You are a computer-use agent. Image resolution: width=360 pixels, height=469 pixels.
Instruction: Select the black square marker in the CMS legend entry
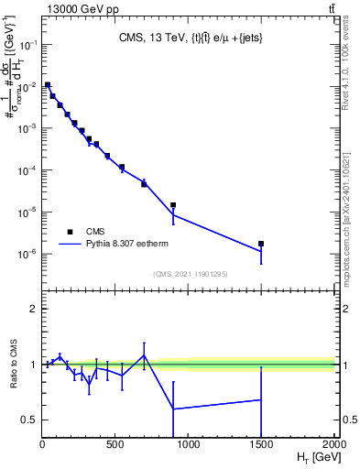(x=70, y=232)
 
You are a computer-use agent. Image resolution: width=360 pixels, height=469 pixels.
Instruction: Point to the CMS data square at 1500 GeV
(x=261, y=244)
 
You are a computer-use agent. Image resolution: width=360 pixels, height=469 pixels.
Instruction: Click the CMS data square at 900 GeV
(x=173, y=205)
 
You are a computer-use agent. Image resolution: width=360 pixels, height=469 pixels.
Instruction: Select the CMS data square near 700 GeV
(x=144, y=183)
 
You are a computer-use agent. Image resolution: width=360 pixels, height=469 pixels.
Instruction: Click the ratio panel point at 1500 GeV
(x=261, y=399)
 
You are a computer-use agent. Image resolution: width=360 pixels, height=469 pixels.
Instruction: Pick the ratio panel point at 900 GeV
(x=173, y=409)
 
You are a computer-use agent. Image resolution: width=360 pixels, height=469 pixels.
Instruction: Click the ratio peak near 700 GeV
(x=144, y=355)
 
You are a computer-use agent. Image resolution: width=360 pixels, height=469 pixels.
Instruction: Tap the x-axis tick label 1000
(x=189, y=445)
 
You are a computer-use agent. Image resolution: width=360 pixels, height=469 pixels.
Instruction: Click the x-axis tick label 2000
(x=333, y=445)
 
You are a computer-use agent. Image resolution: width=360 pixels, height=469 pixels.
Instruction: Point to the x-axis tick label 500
(x=115, y=445)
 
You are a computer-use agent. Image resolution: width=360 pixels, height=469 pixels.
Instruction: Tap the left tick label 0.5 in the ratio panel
(x=29, y=420)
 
